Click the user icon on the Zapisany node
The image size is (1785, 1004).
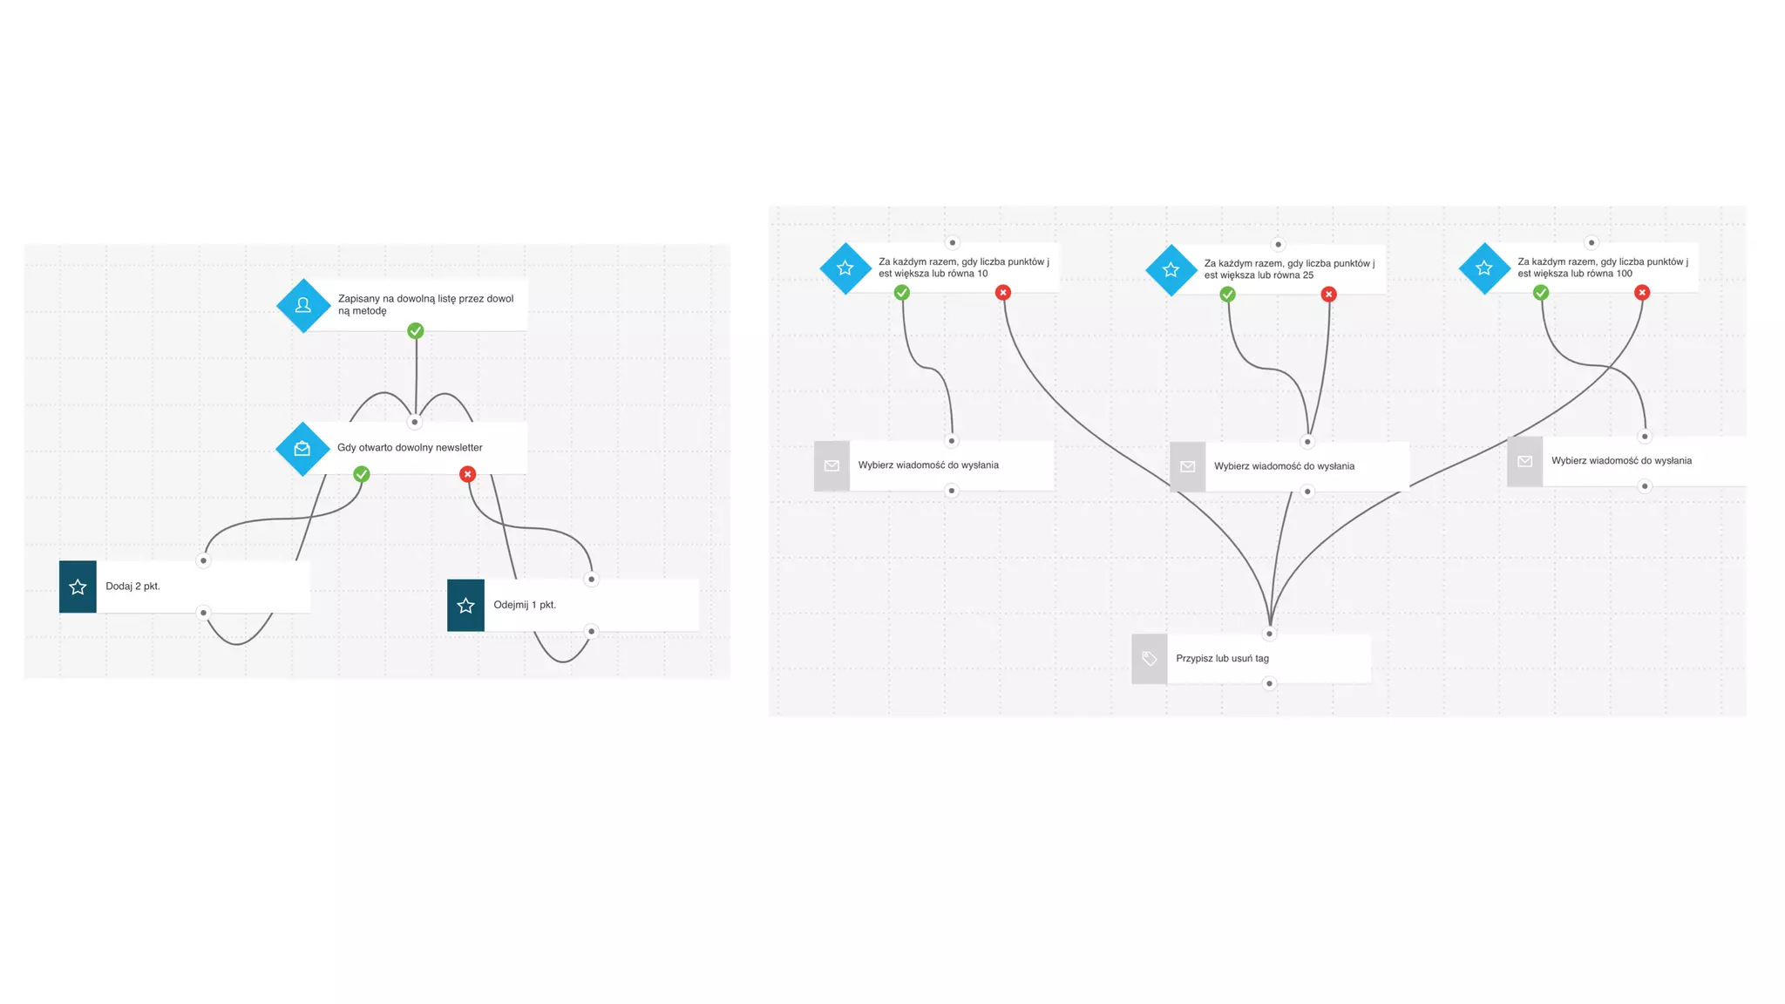(x=303, y=305)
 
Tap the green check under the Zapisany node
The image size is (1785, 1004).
(x=416, y=331)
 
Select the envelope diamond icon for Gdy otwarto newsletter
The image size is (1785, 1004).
(x=302, y=449)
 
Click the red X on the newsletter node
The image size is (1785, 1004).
(x=468, y=474)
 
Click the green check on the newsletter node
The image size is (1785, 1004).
(x=362, y=474)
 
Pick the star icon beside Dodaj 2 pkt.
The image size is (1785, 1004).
(x=78, y=587)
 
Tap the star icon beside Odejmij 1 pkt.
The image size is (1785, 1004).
(x=465, y=606)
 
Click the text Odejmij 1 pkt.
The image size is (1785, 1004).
(x=525, y=605)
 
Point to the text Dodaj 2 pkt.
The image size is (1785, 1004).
(x=132, y=587)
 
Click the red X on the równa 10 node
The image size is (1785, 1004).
(x=1003, y=293)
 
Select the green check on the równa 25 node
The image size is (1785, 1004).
(x=1228, y=295)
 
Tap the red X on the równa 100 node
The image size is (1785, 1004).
(x=1642, y=293)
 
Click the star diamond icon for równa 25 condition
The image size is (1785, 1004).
(x=1171, y=270)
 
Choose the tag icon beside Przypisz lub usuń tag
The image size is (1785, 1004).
(x=1150, y=659)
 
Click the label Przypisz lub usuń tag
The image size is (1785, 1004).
(x=1222, y=659)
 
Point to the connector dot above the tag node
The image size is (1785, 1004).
(x=1269, y=634)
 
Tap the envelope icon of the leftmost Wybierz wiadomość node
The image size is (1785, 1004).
(x=831, y=466)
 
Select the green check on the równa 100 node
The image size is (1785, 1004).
(x=1541, y=293)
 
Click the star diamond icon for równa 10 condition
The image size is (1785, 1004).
(x=845, y=268)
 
